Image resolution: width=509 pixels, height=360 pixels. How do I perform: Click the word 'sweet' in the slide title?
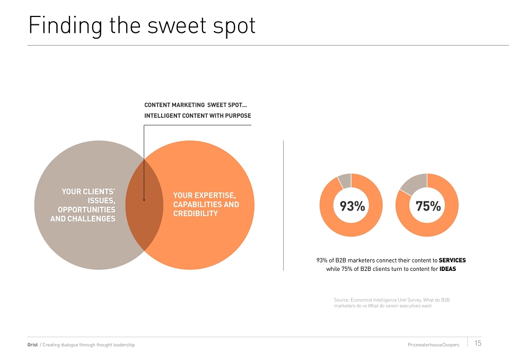(x=177, y=25)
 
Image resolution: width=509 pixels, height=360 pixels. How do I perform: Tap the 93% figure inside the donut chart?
(x=352, y=206)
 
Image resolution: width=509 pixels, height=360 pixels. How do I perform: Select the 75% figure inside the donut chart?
(x=428, y=206)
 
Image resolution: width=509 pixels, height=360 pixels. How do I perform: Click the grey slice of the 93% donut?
(x=345, y=180)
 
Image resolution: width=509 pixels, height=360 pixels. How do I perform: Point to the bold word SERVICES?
(x=452, y=260)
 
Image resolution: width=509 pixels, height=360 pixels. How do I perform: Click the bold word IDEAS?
(x=447, y=269)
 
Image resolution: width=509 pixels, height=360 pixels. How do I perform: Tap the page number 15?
(x=478, y=343)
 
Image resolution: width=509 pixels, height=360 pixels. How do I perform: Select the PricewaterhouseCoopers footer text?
(x=433, y=345)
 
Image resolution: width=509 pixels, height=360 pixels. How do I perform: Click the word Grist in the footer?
(x=32, y=345)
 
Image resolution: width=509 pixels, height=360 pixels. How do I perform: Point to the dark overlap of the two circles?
(x=144, y=205)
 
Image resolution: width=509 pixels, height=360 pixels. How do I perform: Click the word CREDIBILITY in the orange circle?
(x=196, y=213)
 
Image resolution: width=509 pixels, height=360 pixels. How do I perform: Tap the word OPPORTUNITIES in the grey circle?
(x=86, y=210)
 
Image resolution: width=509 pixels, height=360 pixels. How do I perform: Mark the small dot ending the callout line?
(x=144, y=200)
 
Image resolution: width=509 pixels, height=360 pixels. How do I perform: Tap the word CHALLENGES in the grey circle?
(x=94, y=219)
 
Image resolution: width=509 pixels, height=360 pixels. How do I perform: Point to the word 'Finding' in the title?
(x=65, y=26)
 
